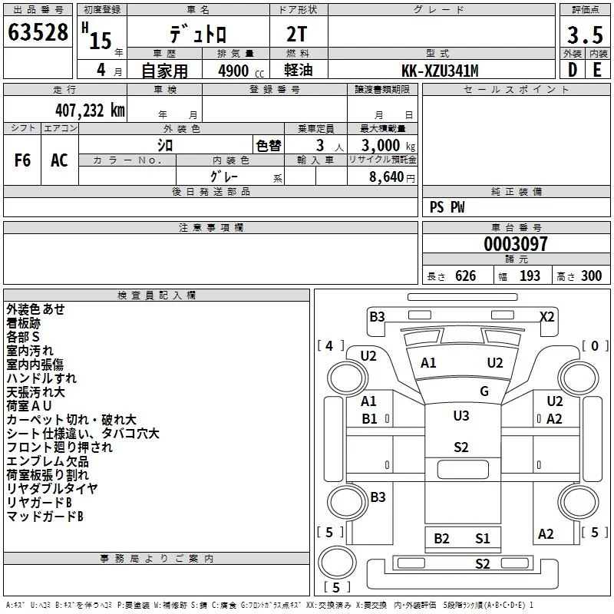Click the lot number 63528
click(x=38, y=32)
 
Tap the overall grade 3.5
click(x=585, y=35)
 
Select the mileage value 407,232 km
click(x=90, y=111)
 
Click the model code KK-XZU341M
click(x=440, y=71)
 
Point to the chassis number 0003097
click(x=515, y=244)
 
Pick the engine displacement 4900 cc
click(x=241, y=71)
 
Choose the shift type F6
click(x=22, y=160)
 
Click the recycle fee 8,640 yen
click(x=392, y=177)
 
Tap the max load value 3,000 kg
click(x=388, y=145)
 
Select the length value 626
click(x=465, y=276)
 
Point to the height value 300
click(x=591, y=276)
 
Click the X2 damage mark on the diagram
click(x=547, y=316)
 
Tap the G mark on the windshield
click(x=484, y=391)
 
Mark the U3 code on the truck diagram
click(x=461, y=415)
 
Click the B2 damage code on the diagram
click(x=441, y=539)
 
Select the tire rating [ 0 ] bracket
click(x=594, y=346)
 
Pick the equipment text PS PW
click(x=447, y=207)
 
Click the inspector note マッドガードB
click(x=45, y=517)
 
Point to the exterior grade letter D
click(x=572, y=70)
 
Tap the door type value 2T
click(x=297, y=35)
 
